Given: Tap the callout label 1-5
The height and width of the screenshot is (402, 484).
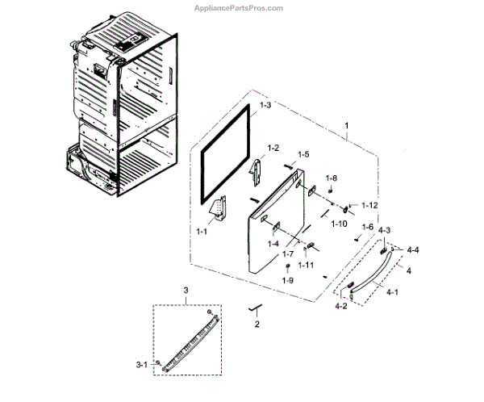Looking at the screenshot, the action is pos(303,154).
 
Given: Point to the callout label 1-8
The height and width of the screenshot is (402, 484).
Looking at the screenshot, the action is pos(332,178).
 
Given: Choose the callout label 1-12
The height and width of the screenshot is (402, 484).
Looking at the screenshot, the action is pos(369,206).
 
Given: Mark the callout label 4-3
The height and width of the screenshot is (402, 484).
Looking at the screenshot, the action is pos(385,231).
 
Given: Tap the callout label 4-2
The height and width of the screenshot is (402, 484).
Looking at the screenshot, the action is pos(343,307).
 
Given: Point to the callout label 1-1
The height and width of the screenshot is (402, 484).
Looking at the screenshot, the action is pos(202,231).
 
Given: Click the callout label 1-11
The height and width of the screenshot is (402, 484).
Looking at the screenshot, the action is pos(307,265).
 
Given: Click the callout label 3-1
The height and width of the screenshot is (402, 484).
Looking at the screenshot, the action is pos(141,366).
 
